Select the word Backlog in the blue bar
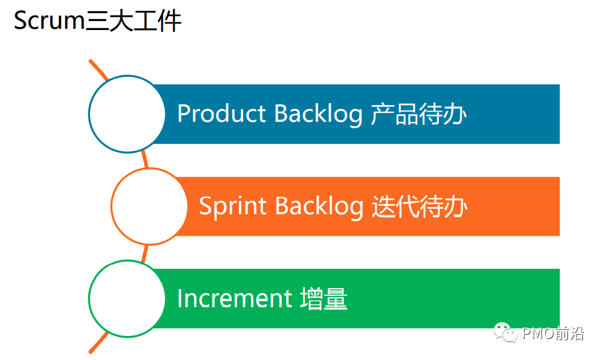pyautogui.click(x=318, y=113)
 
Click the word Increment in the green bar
pyautogui.click(x=234, y=298)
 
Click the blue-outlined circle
pyautogui.click(x=127, y=113)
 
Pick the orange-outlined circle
pyautogui.click(x=149, y=206)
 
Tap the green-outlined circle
pyautogui.click(x=127, y=298)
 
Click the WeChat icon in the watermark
pyautogui.click(x=506, y=332)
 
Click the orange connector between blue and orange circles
pyautogui.click(x=145, y=160)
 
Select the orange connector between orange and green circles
pyautogui.click(x=144, y=253)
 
